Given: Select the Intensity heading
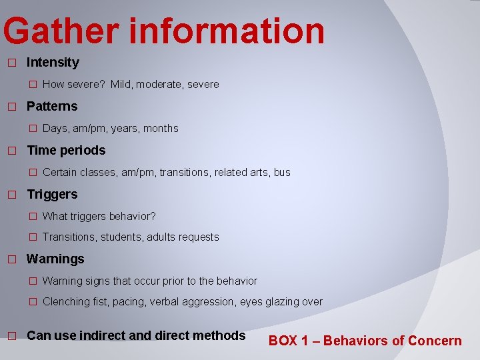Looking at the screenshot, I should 53,63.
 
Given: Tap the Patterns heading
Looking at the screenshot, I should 52,107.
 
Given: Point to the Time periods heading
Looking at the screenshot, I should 66,151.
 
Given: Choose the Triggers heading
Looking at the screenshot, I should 52,195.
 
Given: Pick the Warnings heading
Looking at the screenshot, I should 55,259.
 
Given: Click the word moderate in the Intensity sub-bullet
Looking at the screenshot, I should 157,85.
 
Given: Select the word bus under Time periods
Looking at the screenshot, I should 282,173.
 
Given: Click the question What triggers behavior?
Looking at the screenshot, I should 99,217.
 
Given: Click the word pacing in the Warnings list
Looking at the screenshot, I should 128,302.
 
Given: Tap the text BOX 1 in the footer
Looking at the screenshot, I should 288,341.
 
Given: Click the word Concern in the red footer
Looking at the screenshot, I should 435,341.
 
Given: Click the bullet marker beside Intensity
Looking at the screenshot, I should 11,63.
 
